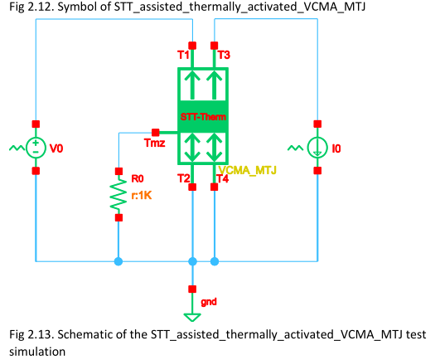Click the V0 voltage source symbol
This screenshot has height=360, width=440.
(36, 148)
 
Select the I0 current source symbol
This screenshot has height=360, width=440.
(317, 148)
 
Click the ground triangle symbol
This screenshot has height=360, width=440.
(192, 315)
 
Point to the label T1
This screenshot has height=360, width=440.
(183, 56)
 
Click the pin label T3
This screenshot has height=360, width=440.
(224, 56)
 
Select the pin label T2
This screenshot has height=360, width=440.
(184, 178)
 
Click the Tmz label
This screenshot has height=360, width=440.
(155, 144)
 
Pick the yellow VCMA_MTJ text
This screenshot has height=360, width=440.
(247, 169)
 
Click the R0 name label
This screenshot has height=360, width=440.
(138, 178)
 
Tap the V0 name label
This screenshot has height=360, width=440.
(56, 150)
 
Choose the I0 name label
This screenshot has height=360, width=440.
(336, 150)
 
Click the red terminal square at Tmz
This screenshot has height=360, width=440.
(155, 131)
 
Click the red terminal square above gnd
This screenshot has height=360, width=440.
(192, 289)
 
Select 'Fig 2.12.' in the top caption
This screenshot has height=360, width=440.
(27, 7)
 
